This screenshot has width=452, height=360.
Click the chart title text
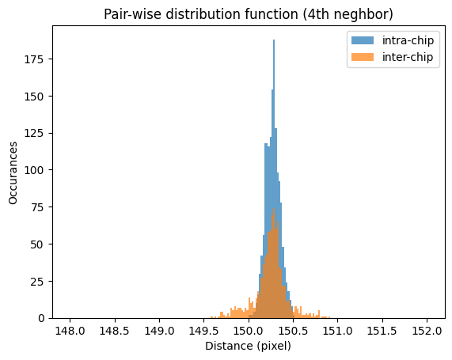(x=249, y=14)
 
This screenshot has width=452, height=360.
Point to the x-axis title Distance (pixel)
(x=249, y=347)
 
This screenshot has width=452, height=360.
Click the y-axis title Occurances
(x=14, y=172)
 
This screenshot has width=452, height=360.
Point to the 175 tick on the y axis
(x=38, y=59)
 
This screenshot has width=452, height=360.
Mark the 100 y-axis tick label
(x=38, y=170)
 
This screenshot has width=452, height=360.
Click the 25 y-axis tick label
(x=41, y=281)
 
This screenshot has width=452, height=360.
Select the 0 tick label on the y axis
(x=44, y=318)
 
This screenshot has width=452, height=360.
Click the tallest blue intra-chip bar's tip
(x=274, y=40)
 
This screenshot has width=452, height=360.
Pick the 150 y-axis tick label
(x=38, y=96)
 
